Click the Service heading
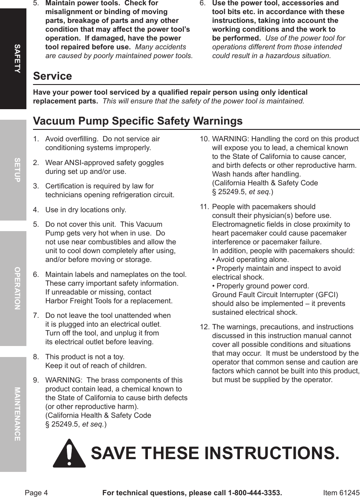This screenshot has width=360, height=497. point(52,76)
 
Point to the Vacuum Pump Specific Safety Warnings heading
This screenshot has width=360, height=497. point(138,121)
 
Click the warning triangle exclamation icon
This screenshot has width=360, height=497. point(69,453)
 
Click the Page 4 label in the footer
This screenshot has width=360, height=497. point(36,493)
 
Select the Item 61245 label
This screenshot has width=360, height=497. point(341,493)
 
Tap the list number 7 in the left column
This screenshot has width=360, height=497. point(36,316)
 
